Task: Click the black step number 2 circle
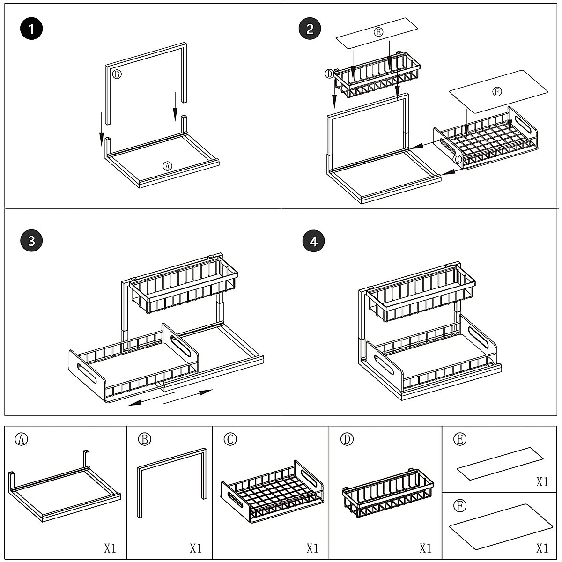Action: [310, 30]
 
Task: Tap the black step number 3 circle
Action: [31, 241]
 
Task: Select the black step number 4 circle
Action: [314, 241]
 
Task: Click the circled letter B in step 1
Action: [117, 74]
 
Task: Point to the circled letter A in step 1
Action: [167, 166]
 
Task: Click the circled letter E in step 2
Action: [378, 32]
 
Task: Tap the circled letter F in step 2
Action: [497, 92]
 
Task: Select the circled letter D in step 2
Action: [329, 74]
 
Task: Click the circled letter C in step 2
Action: [458, 159]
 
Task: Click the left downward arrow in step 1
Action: [101, 129]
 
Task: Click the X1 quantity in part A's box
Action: [110, 548]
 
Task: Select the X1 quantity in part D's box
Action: [425, 548]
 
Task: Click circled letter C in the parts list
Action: [230, 440]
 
